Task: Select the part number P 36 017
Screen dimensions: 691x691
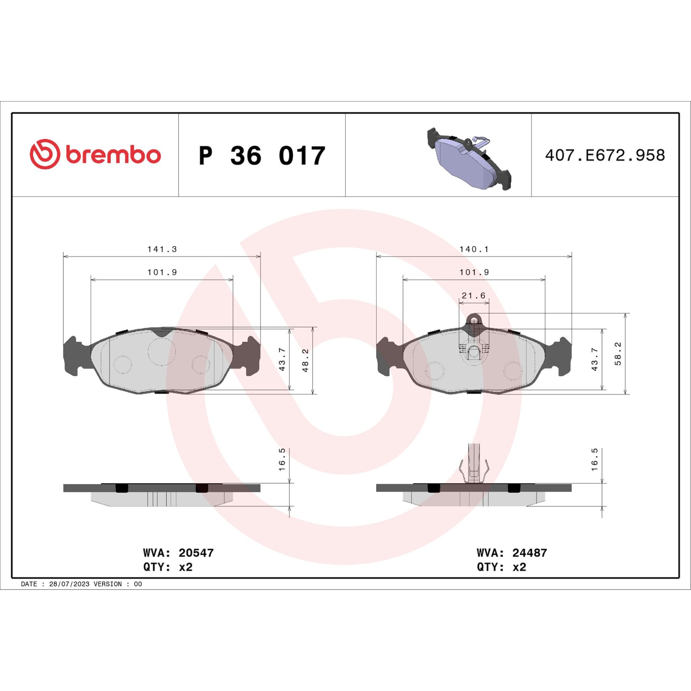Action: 261,156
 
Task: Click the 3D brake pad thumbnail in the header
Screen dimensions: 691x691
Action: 469,159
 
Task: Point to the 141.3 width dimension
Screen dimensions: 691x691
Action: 162,250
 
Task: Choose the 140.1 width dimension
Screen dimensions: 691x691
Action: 474,250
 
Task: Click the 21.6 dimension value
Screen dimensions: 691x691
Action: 474,296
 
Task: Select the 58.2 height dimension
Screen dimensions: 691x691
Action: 618,354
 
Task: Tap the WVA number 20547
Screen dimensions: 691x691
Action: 196,553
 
